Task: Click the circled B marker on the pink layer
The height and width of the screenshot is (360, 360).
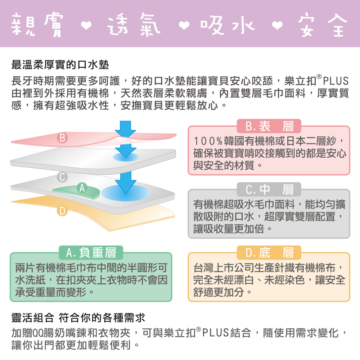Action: (62, 138)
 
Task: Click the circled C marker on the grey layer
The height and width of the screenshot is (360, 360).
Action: (62, 177)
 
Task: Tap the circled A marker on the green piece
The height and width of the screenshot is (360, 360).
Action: (82, 188)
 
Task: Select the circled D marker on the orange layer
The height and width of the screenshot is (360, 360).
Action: (62, 211)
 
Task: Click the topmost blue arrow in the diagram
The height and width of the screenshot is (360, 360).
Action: (125, 129)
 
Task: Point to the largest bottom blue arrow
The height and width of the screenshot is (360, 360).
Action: (126, 182)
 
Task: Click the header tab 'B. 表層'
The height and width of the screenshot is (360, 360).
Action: (269, 126)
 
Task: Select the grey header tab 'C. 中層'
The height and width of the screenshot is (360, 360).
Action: (269, 189)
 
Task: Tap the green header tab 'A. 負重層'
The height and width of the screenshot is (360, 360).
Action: (91, 253)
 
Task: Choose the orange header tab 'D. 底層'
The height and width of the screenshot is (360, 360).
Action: (269, 253)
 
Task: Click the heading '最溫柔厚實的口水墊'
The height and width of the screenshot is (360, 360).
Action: (60, 65)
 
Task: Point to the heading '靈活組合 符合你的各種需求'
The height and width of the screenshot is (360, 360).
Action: (78, 318)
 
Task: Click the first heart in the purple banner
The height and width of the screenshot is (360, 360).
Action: (86, 26)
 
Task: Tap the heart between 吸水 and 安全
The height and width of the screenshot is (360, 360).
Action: (277, 26)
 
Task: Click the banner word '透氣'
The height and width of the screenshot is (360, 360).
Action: (134, 24)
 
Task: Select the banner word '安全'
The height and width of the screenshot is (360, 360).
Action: (323, 24)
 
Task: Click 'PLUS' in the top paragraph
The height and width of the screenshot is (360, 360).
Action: (336, 81)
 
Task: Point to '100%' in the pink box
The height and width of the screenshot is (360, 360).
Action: (208, 141)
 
